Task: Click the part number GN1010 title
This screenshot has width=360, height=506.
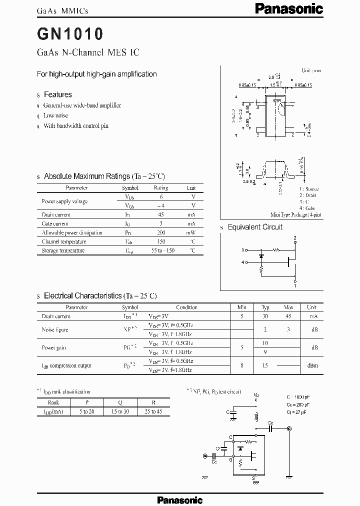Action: (70, 34)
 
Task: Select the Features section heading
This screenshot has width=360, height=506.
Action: (57, 94)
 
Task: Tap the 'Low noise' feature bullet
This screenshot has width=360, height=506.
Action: (55, 115)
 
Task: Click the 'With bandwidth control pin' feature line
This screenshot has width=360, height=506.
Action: (75, 126)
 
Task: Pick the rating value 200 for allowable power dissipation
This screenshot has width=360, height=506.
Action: (160, 233)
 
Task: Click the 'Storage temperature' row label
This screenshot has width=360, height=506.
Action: (63, 250)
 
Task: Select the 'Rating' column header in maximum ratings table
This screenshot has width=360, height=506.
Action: (160, 188)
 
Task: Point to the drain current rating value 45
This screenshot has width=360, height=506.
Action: (160, 215)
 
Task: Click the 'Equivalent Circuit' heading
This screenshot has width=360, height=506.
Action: (255, 227)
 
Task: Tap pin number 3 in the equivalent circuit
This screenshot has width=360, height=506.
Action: (242, 249)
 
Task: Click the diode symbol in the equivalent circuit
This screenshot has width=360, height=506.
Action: (260, 256)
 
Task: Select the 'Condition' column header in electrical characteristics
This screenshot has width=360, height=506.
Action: (186, 307)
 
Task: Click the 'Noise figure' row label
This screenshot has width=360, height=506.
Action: (55, 329)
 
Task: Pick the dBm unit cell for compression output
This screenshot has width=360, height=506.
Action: (311, 365)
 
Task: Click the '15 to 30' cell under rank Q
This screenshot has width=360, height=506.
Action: (120, 411)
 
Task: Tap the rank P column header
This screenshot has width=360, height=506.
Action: (86, 402)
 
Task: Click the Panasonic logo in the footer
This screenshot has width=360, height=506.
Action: (179, 499)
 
